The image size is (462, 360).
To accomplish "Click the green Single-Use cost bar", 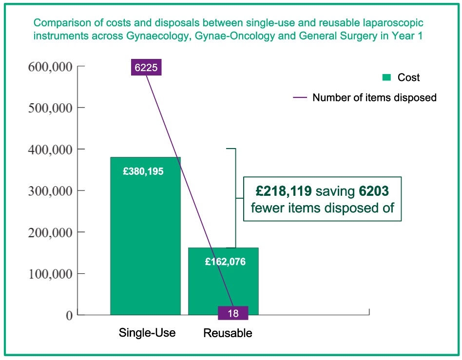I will click(x=145, y=244).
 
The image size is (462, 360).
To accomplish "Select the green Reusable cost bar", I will click(x=223, y=287).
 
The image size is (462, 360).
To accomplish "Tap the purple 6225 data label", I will click(x=146, y=68).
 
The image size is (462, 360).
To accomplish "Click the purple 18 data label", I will click(x=233, y=313).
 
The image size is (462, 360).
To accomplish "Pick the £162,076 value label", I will click(x=225, y=262).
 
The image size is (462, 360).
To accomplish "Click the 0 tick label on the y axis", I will click(x=69, y=316).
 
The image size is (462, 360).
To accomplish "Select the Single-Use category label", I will click(x=147, y=333).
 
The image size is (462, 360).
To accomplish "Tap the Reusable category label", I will click(x=228, y=334).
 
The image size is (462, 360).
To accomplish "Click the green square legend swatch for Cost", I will click(x=386, y=77).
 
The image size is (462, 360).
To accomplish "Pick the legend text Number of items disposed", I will click(x=374, y=97).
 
